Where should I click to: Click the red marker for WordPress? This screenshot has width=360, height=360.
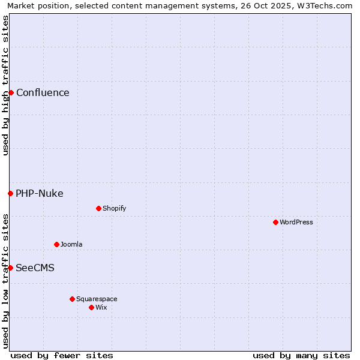(x=275, y=222)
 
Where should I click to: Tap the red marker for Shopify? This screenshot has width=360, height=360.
(x=98, y=208)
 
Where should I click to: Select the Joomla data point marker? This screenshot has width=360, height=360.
(x=56, y=244)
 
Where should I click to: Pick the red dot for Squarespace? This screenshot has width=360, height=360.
(x=72, y=299)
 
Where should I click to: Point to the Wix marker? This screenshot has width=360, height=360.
(x=91, y=307)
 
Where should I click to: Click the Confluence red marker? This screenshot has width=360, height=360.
(x=11, y=92)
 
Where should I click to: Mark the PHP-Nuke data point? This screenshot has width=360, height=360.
(x=10, y=193)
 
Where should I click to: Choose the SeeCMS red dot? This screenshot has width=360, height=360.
(x=10, y=268)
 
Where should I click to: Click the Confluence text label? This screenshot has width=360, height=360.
(x=43, y=92)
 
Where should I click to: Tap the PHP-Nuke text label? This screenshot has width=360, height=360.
(x=40, y=193)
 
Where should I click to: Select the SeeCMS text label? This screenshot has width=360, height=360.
(x=35, y=268)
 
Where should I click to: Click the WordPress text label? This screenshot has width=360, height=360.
(x=296, y=222)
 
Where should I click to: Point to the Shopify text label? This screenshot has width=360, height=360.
(x=115, y=208)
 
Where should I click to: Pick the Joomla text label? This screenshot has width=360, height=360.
(x=71, y=244)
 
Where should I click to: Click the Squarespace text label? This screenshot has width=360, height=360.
(x=97, y=299)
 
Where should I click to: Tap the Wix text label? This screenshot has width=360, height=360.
(x=101, y=307)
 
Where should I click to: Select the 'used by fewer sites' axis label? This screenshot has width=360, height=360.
(x=62, y=355)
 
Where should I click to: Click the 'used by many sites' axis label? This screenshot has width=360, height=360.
(x=301, y=355)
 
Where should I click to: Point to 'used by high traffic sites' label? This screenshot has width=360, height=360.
(x=5, y=85)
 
